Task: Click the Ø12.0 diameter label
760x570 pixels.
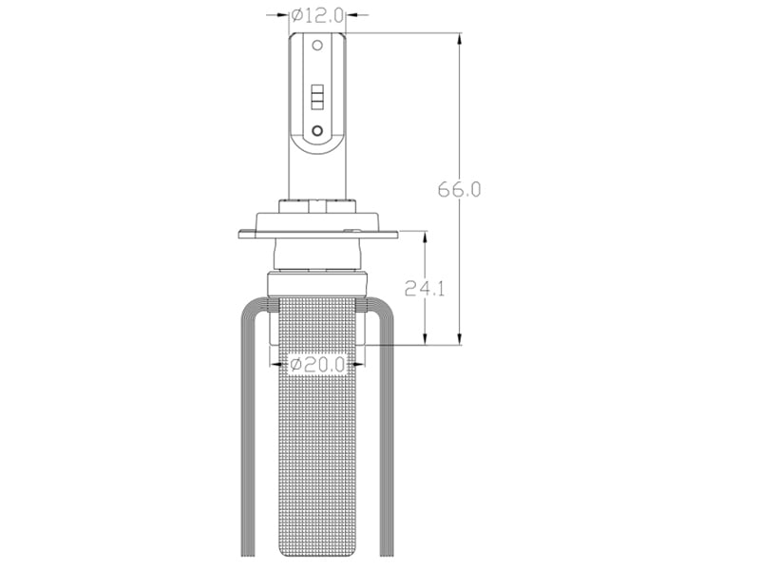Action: point(317,15)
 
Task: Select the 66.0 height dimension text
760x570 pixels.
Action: point(459,189)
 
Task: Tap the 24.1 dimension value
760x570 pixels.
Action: point(425,289)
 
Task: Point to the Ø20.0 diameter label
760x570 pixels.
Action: point(317,364)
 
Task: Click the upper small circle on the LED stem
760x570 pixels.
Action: point(317,46)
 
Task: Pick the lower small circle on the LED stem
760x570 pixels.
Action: point(317,130)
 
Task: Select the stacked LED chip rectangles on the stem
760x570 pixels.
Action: point(317,97)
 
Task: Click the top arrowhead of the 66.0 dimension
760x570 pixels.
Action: point(460,39)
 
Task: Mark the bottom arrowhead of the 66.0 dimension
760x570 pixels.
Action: point(460,339)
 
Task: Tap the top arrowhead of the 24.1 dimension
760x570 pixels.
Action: point(425,238)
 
